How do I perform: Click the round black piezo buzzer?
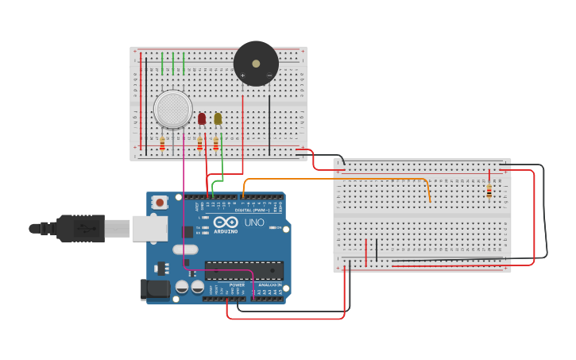(x=256, y=64)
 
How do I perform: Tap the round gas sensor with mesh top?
(x=173, y=109)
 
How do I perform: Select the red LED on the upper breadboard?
(x=202, y=118)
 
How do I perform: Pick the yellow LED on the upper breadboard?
(x=218, y=118)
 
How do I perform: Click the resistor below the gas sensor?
(x=162, y=144)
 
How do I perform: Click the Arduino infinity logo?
(x=226, y=223)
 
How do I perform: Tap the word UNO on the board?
(x=254, y=223)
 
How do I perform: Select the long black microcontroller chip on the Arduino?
(x=243, y=270)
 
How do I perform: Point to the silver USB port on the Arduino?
(x=149, y=228)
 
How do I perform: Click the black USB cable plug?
(x=79, y=228)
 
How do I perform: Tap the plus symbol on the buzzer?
(x=242, y=75)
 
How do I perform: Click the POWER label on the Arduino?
(x=237, y=285)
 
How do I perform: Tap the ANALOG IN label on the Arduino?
(x=269, y=285)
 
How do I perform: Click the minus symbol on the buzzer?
(x=269, y=75)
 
